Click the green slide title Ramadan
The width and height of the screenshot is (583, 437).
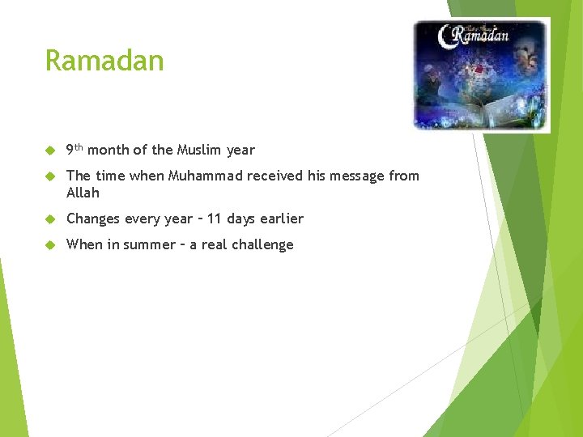[x=104, y=61]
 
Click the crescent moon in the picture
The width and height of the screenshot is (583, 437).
[x=444, y=36]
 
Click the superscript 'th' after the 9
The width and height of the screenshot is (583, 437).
[x=79, y=146]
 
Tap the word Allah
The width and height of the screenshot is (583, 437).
[x=83, y=193]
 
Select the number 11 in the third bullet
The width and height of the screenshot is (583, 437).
[x=215, y=218]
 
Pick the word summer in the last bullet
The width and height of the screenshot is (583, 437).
[x=148, y=244]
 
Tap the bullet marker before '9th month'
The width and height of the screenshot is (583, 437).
[x=49, y=151]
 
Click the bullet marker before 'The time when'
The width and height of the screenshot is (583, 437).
[x=49, y=176]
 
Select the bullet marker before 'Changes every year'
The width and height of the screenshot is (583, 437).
[x=49, y=219]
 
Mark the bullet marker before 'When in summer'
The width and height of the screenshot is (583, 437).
[x=49, y=245]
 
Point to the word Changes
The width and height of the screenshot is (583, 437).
[x=93, y=218]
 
